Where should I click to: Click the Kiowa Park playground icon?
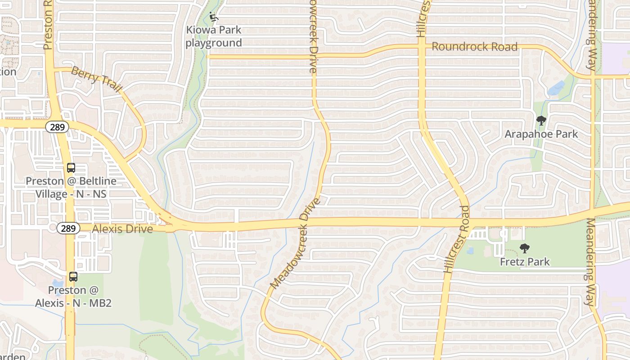coord(214,18)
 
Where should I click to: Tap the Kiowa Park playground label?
coord(214,36)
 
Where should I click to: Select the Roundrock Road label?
coord(474,47)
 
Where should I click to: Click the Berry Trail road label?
coord(96,80)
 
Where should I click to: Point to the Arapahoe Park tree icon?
coord(541,121)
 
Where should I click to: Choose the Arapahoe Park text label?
coord(541,134)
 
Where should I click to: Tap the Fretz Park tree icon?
coord(524,248)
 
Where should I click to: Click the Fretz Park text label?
coord(525,261)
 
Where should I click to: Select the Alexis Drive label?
coord(122,229)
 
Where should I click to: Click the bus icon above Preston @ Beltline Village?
coord(71,168)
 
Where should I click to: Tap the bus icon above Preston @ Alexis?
coord(73,277)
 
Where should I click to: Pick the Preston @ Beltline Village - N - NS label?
coord(71,188)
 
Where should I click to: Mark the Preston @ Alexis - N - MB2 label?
coord(73,297)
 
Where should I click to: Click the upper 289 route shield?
coord(57,127)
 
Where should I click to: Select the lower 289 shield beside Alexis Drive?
coord(68,229)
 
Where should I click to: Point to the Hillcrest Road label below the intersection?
coord(457,239)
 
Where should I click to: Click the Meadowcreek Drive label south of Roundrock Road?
coord(296,243)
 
